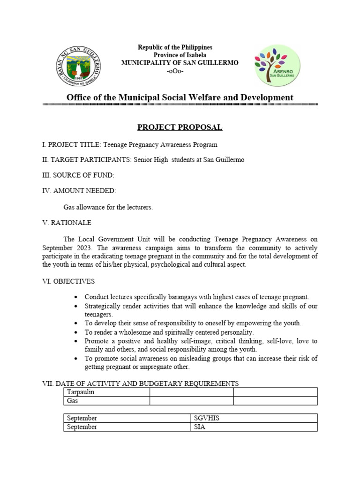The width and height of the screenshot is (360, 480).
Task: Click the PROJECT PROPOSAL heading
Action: tap(180, 127)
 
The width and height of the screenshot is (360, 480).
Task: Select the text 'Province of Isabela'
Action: tap(174, 55)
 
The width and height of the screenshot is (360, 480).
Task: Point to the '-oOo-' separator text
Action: tap(175, 71)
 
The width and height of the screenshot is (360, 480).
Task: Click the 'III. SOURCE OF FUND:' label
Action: tap(78, 175)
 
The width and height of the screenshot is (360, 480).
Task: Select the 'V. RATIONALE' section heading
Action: tap(67, 223)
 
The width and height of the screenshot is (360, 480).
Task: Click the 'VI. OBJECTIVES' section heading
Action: tap(68, 281)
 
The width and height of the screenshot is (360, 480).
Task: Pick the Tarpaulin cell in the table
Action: tap(81, 392)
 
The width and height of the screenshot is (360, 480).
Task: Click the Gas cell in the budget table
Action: tap(73, 401)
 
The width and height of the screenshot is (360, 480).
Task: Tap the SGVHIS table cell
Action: tap(207, 418)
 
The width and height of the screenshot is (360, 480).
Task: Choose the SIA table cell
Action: tap(200, 427)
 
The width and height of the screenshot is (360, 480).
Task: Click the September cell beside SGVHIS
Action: tap(82, 418)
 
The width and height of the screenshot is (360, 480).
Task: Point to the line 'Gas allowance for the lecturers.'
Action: tap(108, 207)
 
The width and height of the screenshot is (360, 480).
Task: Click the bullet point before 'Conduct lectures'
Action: tap(76, 298)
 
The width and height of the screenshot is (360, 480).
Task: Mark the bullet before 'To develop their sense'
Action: tap(76, 323)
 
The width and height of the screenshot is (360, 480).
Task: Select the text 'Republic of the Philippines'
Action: tap(175, 47)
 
